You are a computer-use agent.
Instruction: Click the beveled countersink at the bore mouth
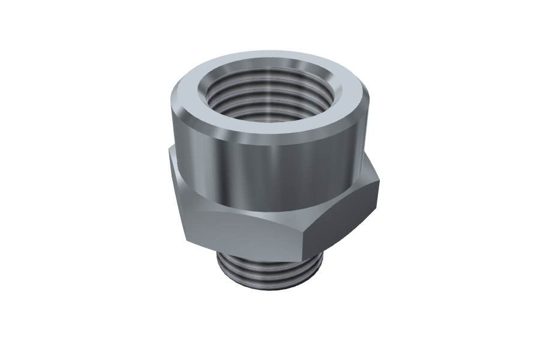[x=324, y=96]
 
